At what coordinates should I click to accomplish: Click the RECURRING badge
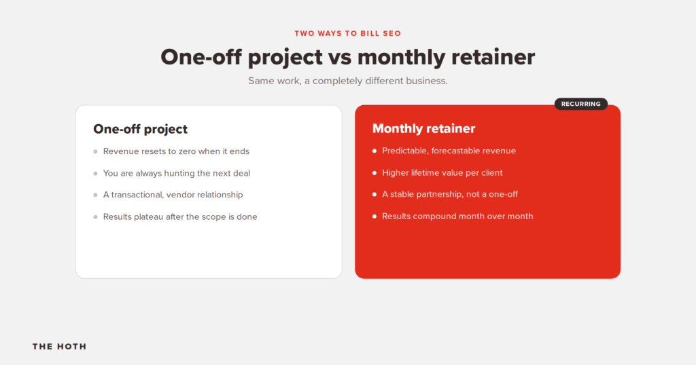580,104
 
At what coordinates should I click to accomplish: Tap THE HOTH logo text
60,347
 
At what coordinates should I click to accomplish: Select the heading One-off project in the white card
140,129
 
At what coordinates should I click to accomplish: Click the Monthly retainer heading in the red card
423,128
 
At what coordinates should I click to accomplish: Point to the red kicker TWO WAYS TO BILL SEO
347,33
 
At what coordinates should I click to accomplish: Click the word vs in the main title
340,57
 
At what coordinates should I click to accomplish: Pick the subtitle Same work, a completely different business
347,81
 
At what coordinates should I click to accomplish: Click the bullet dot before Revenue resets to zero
95,151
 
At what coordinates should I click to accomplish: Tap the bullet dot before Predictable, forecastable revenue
375,151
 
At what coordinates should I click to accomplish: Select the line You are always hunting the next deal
177,173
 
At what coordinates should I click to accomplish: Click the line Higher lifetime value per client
442,173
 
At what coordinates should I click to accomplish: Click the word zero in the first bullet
188,152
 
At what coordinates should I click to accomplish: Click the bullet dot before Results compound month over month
375,216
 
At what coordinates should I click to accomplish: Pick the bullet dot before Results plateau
95,217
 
